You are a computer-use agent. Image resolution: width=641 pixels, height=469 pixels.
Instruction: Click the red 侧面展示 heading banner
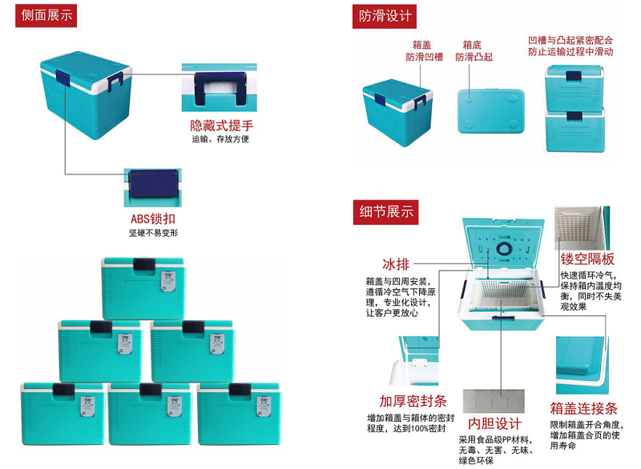pos(46,15)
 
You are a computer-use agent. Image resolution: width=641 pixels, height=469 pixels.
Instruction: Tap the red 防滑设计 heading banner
pos(385,16)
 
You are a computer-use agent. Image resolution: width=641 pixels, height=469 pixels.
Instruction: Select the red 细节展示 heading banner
pos(385,212)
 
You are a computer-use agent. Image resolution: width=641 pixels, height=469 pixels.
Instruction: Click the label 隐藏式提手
pos(222,126)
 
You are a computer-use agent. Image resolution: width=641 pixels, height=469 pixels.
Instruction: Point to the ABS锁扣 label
pos(153,218)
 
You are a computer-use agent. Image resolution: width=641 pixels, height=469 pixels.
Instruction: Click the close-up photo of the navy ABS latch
pos(152,187)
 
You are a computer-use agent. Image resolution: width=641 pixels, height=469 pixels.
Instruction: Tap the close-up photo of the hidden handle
pos(219,87)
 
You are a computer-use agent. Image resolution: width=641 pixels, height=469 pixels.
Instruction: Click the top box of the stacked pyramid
pos(143,288)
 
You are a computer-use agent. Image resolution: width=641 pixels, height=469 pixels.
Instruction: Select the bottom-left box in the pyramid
pos(63,413)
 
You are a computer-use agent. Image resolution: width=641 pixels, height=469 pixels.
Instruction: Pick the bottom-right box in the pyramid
pos(240,413)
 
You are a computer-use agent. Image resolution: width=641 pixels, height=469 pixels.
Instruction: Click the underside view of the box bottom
pos(490,111)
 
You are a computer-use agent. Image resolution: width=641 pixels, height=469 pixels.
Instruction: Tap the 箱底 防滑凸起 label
pos(474,51)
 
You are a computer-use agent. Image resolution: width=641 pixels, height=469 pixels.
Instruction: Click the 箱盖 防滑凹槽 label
pos(424,51)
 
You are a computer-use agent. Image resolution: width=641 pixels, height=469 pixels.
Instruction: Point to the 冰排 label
pos(395,264)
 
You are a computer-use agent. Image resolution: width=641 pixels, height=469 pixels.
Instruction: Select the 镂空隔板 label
pos(587,259)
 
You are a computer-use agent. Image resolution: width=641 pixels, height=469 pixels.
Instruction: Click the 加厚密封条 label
pos(413,401)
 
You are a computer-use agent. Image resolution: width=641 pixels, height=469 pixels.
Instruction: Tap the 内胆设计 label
pos(494,423)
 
